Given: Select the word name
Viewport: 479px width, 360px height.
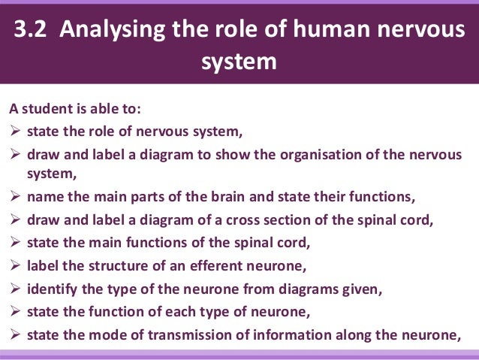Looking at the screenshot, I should point(44,198).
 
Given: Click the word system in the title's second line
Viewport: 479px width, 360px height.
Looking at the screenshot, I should point(239,62).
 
